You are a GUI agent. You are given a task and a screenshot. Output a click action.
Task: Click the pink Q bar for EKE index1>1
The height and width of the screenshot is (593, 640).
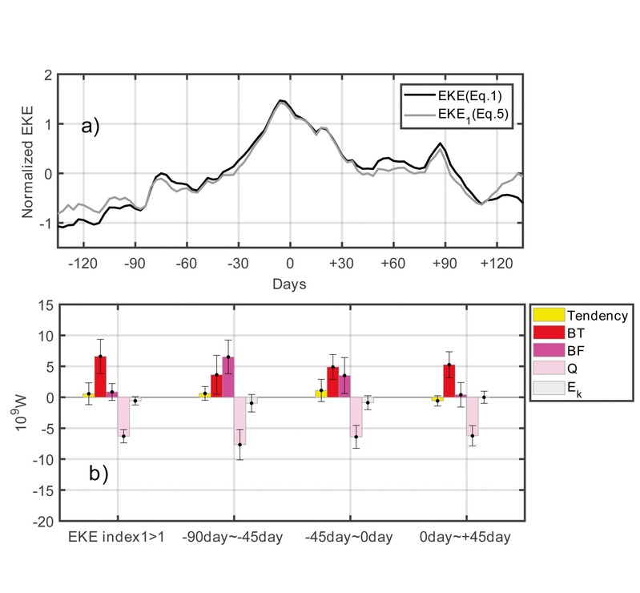[x=123, y=417]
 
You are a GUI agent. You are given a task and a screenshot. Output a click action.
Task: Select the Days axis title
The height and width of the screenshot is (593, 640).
[x=289, y=284]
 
